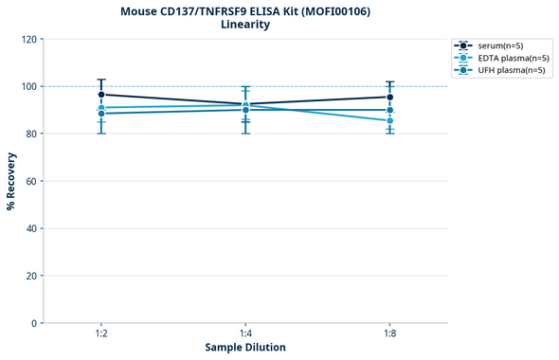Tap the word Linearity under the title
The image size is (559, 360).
(x=244, y=25)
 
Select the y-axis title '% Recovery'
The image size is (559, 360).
(x=11, y=180)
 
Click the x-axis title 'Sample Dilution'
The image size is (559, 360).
(x=245, y=348)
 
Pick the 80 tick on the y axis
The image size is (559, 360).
(x=30, y=134)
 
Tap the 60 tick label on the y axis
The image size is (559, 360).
(x=30, y=181)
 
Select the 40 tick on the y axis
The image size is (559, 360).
(x=30, y=228)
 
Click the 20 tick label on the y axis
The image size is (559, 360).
(x=30, y=276)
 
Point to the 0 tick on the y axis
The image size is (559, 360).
(x=33, y=323)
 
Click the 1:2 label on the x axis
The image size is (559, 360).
(x=101, y=333)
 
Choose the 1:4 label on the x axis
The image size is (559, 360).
(x=245, y=333)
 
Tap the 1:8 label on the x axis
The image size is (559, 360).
(x=389, y=333)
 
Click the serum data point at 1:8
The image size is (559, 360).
(x=389, y=97)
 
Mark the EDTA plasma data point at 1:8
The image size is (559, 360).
(x=389, y=120)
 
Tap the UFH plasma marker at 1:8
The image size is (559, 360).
(x=389, y=110)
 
